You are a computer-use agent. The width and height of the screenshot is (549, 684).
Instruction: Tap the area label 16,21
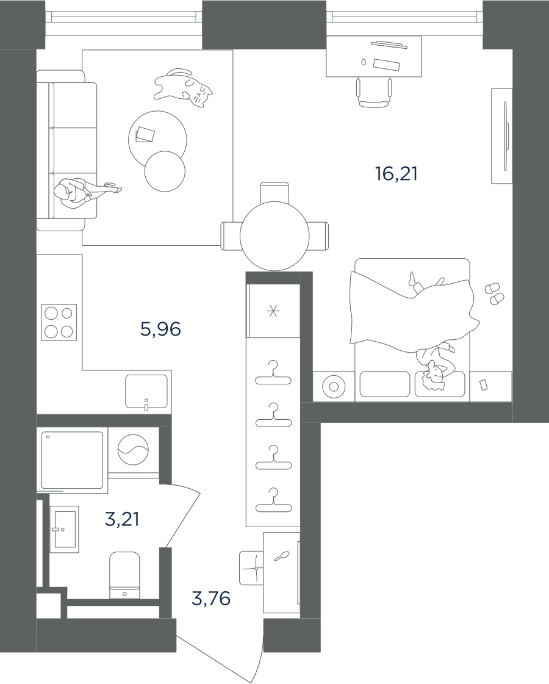click(396, 174)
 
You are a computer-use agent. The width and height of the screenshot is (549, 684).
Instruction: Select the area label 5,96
click(160, 329)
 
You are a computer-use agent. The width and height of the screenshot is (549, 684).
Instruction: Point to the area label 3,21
click(122, 519)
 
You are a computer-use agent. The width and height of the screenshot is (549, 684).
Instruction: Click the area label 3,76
click(211, 599)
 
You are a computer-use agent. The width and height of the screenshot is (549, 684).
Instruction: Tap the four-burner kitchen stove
click(59, 322)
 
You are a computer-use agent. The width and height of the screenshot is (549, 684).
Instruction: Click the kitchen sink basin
click(146, 391)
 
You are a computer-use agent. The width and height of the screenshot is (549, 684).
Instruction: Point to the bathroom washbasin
click(64, 529)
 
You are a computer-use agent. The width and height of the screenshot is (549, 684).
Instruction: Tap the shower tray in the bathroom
click(72, 460)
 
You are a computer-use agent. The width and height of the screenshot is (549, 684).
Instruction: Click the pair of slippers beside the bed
click(495, 293)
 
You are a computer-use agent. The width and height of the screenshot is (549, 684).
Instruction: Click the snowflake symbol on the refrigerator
click(273, 311)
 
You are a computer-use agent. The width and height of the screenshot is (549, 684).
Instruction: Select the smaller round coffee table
click(165, 171)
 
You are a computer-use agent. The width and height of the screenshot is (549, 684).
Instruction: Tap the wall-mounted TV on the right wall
click(505, 135)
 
